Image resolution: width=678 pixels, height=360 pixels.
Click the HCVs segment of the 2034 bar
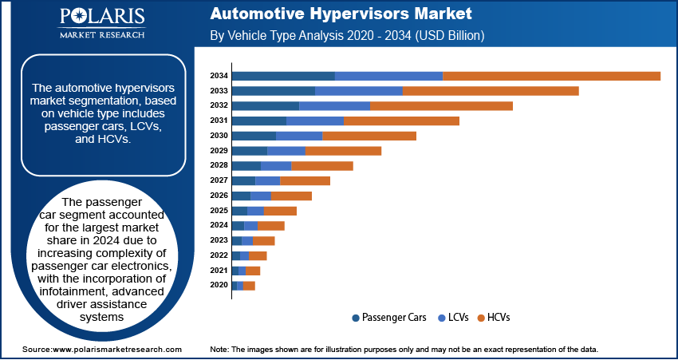[x=551, y=76]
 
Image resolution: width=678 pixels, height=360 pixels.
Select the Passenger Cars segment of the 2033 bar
[x=274, y=91]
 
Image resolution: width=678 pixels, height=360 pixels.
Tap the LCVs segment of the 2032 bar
[x=334, y=106]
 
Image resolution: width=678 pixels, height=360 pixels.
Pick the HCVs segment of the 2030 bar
[x=369, y=136]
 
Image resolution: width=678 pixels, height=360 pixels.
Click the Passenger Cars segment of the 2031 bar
[x=259, y=121]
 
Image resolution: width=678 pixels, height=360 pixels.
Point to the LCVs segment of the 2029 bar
[x=286, y=151]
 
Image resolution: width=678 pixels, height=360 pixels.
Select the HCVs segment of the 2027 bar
[x=305, y=181]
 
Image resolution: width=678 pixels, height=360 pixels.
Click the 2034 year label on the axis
[x=219, y=76]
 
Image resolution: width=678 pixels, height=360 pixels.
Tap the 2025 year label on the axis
[x=219, y=211]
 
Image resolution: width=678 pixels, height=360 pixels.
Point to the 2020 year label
[x=219, y=285]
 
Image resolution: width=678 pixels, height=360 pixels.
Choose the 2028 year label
[x=219, y=166]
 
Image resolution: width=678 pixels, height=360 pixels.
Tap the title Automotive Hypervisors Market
[x=341, y=14]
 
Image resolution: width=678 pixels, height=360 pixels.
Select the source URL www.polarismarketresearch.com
[x=117, y=350]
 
